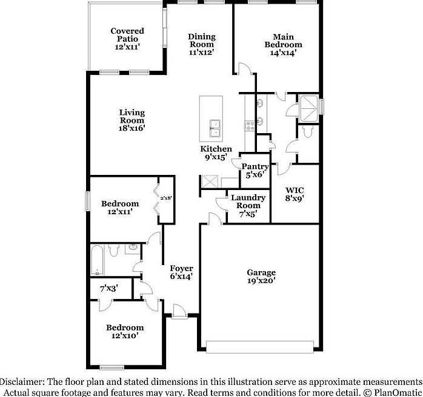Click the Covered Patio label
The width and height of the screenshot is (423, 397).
[127, 39]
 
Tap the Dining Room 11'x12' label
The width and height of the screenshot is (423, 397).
[201, 44]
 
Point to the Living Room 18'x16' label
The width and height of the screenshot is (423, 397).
[132, 120]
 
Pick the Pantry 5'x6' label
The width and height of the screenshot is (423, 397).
[255, 171]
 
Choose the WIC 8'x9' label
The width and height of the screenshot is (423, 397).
[294, 193]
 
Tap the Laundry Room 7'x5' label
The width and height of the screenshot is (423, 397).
[248, 205]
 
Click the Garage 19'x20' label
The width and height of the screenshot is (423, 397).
[261, 277]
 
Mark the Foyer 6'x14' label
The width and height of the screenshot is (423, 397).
[181, 272]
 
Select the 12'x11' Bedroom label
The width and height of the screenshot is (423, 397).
[120, 208]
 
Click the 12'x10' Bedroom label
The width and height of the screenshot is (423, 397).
[125, 332]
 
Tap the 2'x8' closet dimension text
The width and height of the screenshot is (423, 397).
[167, 197]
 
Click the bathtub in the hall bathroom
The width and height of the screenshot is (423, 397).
[97, 260]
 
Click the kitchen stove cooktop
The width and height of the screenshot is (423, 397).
[248, 126]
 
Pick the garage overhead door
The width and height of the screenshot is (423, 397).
[260, 347]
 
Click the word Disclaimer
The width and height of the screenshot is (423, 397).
[22, 382]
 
